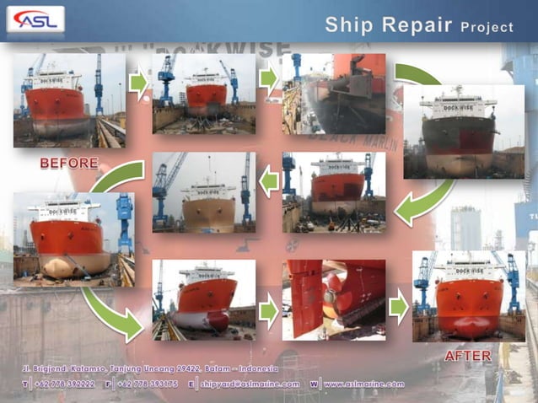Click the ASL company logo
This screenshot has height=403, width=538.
35,19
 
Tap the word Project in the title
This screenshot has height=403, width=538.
487,27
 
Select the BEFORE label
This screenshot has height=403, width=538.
69,163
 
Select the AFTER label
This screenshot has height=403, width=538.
468,356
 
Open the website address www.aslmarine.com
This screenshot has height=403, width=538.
363,384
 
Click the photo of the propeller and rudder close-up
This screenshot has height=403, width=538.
334,299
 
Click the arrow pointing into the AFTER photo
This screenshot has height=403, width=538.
398,309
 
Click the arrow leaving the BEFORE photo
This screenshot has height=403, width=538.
138,83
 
